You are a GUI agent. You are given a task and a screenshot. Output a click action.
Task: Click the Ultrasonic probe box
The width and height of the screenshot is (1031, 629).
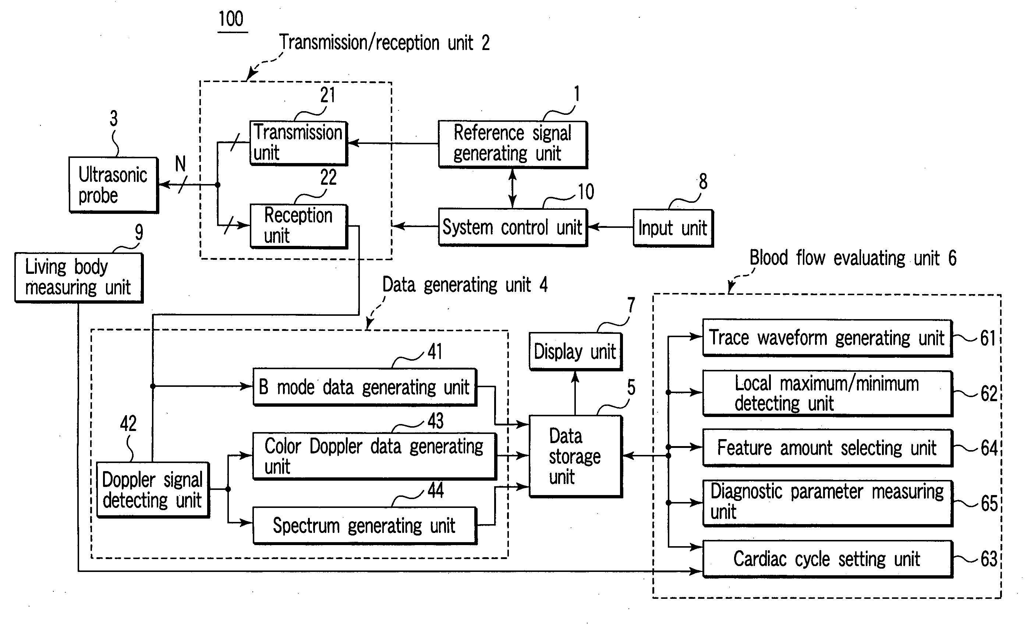click(114, 185)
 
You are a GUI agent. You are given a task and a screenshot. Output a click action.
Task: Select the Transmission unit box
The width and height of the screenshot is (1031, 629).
click(299, 143)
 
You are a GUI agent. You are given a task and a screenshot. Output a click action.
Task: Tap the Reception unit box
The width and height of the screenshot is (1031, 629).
click(299, 226)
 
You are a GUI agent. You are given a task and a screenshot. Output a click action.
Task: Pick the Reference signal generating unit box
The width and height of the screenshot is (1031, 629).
click(513, 144)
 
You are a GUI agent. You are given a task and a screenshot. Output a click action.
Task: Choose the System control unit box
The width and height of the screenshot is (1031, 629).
click(513, 227)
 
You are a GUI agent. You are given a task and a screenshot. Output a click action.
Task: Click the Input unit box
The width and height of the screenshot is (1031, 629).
click(673, 228)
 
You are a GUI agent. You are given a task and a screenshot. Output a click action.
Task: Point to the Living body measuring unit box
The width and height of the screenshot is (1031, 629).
click(79, 278)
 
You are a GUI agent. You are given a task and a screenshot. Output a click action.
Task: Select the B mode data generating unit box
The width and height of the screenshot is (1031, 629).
click(365, 387)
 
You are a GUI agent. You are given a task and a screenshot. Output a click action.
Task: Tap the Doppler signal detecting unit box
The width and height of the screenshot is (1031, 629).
click(153, 490)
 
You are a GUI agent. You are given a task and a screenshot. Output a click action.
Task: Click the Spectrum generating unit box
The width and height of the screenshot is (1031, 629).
click(365, 526)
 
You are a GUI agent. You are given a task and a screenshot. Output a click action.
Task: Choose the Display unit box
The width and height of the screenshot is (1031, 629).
click(576, 351)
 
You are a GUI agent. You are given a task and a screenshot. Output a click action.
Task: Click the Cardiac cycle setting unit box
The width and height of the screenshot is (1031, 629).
click(828, 559)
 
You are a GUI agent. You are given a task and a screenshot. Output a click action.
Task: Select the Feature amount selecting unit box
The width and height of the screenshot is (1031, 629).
click(828, 448)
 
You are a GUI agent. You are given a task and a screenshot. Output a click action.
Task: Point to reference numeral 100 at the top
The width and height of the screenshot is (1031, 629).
click(231, 19)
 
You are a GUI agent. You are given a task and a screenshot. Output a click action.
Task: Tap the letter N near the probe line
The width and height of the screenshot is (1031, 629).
click(180, 164)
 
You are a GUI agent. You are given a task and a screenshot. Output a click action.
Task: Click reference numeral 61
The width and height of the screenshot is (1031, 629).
click(988, 338)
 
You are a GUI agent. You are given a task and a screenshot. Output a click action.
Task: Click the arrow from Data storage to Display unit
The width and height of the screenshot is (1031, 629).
click(575, 393)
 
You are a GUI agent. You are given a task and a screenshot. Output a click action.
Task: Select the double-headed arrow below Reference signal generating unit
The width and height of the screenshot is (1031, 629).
click(513, 188)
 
